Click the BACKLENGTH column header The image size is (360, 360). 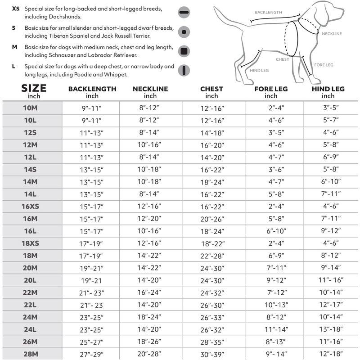[92, 89]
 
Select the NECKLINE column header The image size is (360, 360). [150, 89]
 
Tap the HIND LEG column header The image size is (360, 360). [328, 89]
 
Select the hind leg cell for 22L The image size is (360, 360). [328, 305]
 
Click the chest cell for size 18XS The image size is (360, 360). [211, 243]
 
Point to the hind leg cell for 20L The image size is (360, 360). [328, 280]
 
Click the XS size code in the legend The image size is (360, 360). [16, 9]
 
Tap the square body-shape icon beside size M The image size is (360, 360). [183, 50]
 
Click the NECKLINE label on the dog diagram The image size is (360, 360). [332, 34]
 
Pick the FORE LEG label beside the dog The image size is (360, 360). [324, 65]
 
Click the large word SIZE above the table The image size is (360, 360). [34, 88]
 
